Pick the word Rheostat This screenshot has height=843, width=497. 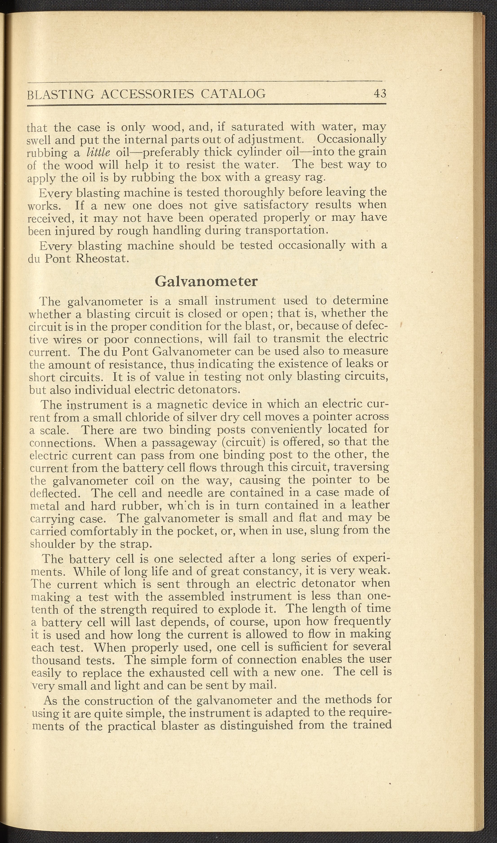point(102,259)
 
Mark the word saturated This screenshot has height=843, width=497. point(258,127)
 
